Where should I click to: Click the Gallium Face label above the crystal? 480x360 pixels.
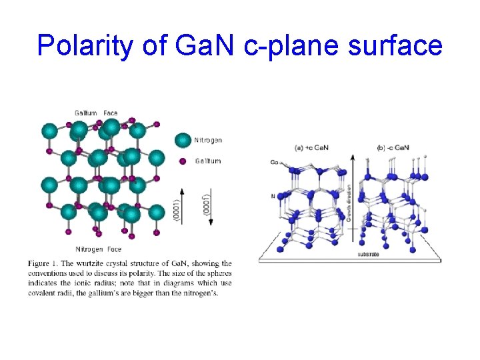click(x=96, y=113)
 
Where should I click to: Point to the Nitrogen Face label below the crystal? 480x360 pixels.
click(x=98, y=249)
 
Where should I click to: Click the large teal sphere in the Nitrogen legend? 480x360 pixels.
click(x=183, y=141)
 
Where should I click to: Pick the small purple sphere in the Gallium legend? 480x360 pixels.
click(x=183, y=161)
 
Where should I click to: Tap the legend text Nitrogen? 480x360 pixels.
click(x=208, y=141)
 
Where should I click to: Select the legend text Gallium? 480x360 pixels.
click(x=208, y=161)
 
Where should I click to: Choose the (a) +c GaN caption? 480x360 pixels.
click(x=311, y=147)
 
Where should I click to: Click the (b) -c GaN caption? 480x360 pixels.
click(x=393, y=147)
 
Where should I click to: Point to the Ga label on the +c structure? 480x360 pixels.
click(x=275, y=162)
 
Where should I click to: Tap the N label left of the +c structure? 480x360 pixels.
click(x=273, y=195)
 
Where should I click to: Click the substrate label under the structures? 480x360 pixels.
click(x=369, y=254)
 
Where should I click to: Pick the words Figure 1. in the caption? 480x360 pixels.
click(x=43, y=263)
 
